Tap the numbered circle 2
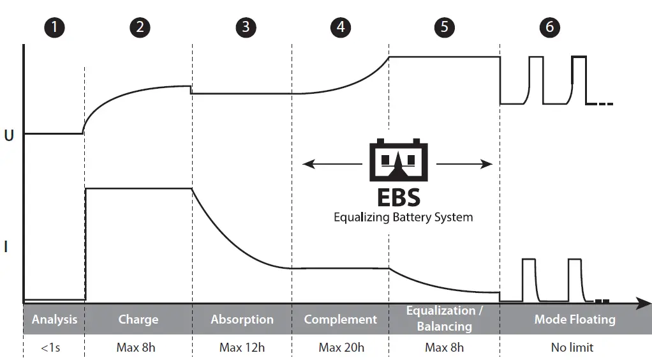[x=140, y=27]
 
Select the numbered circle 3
[x=245, y=27]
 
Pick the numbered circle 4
[x=341, y=27]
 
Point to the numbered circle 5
[x=444, y=27]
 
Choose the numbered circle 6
[x=549, y=27]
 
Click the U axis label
[x=9, y=136]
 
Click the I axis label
[x=6, y=246]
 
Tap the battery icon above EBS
[x=399, y=161]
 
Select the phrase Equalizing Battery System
[x=403, y=217]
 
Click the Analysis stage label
[x=54, y=319]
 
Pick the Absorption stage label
[x=242, y=319]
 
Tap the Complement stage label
[x=340, y=319]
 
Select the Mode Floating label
[x=574, y=319]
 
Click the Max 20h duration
[x=341, y=348]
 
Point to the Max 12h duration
[x=242, y=348]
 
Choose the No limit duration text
[x=572, y=348]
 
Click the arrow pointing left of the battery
[x=332, y=165]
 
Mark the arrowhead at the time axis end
[x=644, y=304]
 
